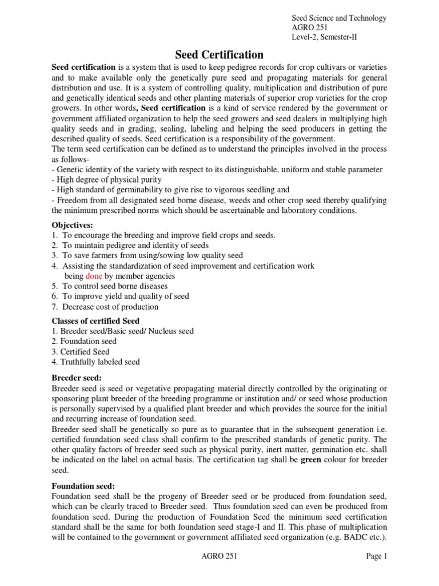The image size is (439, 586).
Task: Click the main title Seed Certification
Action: coord(219,55)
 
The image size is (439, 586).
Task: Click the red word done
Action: coord(94,276)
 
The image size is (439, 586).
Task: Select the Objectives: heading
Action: coord(73,225)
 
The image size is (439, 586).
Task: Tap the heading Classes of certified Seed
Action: coord(95,320)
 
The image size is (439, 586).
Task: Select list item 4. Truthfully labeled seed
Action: coord(95,362)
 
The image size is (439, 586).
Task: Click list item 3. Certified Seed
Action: coord(81,351)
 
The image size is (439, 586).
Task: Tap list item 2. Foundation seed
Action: coord(83,341)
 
